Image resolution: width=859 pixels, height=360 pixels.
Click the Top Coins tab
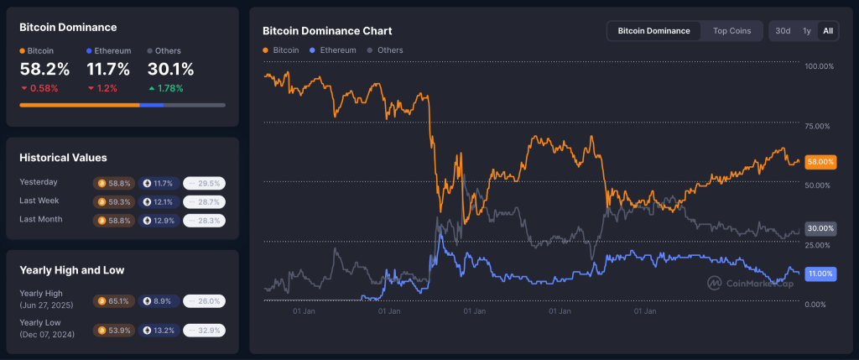pyautogui.click(x=731, y=31)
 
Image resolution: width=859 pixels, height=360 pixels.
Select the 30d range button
pyautogui.click(x=783, y=31)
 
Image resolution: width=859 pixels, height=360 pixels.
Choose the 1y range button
pyautogui.click(x=806, y=31)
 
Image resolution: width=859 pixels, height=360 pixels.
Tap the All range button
pyautogui.click(x=828, y=31)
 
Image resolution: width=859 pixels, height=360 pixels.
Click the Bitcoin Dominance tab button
pyautogui.click(x=653, y=31)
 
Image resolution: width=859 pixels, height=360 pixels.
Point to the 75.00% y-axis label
pyautogui.click(x=818, y=126)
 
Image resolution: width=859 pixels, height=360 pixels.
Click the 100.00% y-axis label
pyautogui.click(x=818, y=66)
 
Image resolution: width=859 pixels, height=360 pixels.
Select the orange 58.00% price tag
pyautogui.click(x=820, y=161)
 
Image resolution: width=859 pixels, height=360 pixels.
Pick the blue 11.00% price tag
pyautogui.click(x=820, y=274)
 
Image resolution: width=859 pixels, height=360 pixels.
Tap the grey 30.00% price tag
pyautogui.click(x=820, y=228)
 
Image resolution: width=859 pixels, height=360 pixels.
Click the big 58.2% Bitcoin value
pyautogui.click(x=44, y=70)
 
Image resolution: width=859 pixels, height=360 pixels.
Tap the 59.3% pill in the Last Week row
pyautogui.click(x=114, y=201)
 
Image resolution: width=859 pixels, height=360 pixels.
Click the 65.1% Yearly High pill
pyautogui.click(x=114, y=300)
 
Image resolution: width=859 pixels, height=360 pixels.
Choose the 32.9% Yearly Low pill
pyautogui.click(x=204, y=330)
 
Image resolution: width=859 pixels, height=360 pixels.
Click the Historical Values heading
pyautogui.click(x=63, y=157)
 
